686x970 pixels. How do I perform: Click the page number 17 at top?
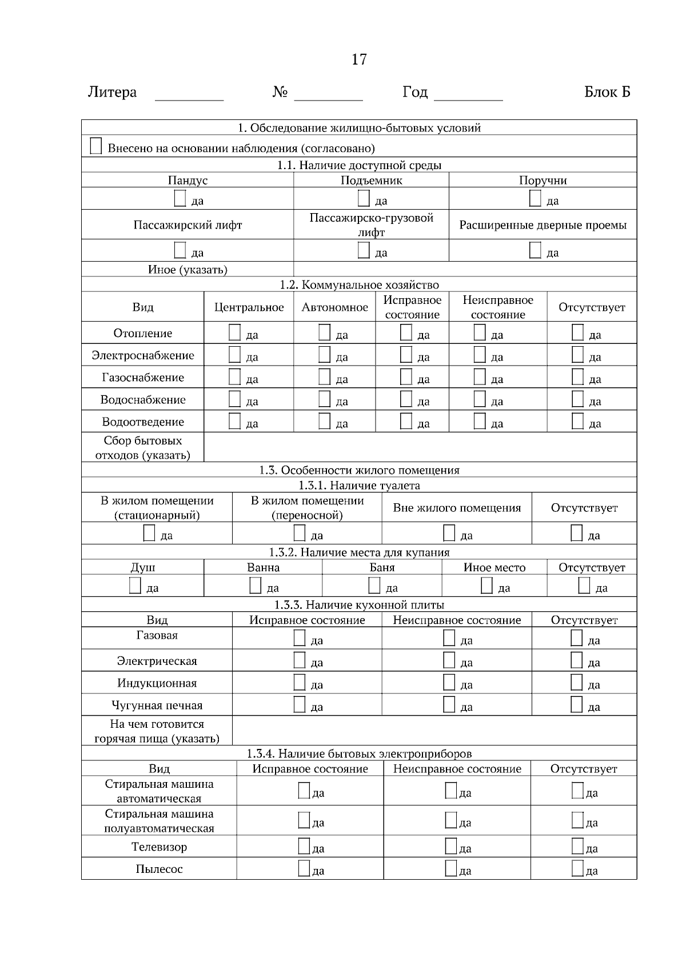pyautogui.click(x=358, y=59)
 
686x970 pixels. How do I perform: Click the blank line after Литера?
pyautogui.click(x=189, y=96)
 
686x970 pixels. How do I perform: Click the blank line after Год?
pyautogui.click(x=468, y=96)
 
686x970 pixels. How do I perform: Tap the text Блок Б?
pyautogui.click(x=607, y=93)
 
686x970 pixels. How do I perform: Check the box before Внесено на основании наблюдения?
pyautogui.click(x=96, y=146)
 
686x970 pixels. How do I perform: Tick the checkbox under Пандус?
pyautogui.click(x=180, y=199)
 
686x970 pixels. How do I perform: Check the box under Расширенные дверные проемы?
pyautogui.click(x=535, y=250)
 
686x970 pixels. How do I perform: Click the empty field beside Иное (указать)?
pyautogui.click(x=465, y=270)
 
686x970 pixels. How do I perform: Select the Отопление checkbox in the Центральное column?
pyautogui.click(x=234, y=332)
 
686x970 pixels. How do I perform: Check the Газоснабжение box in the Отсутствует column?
pyautogui.click(x=577, y=377)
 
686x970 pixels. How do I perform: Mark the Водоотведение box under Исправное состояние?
pyautogui.click(x=406, y=422)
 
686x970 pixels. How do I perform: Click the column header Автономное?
pyautogui.click(x=334, y=307)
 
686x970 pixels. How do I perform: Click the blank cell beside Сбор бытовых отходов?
pyautogui.click(x=420, y=447)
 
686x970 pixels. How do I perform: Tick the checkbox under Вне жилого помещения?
pyautogui.click(x=449, y=534)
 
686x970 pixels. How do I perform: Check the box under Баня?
pyautogui.click(x=374, y=586)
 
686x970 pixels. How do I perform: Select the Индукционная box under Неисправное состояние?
pyautogui.click(x=449, y=683)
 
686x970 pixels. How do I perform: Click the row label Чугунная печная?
pyautogui.click(x=157, y=706)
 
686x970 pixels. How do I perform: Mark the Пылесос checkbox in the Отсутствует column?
pyautogui.click(x=577, y=869)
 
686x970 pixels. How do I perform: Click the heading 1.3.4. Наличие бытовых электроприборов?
pyautogui.click(x=359, y=753)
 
